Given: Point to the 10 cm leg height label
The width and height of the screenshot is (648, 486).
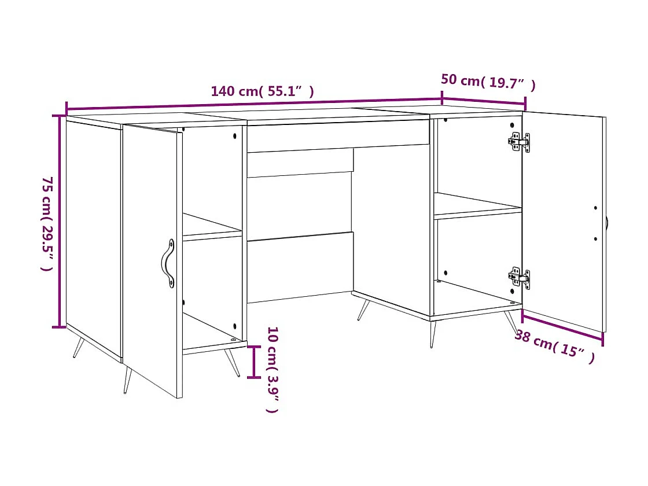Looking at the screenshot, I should coord(273,369).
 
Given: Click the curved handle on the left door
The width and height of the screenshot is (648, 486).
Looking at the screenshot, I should coord(167,263).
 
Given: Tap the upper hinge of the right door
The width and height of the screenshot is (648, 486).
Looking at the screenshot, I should coord(519,141).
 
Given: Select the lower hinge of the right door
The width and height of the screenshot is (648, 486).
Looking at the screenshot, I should coord(519,278).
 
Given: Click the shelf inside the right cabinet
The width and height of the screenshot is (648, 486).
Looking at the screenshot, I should coord(477,206).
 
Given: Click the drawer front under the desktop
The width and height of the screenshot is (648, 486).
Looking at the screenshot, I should coord(338,136).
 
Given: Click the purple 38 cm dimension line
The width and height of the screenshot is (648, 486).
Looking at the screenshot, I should coord(562,326).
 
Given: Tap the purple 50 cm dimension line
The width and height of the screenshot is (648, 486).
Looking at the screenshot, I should coord(484,101).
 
